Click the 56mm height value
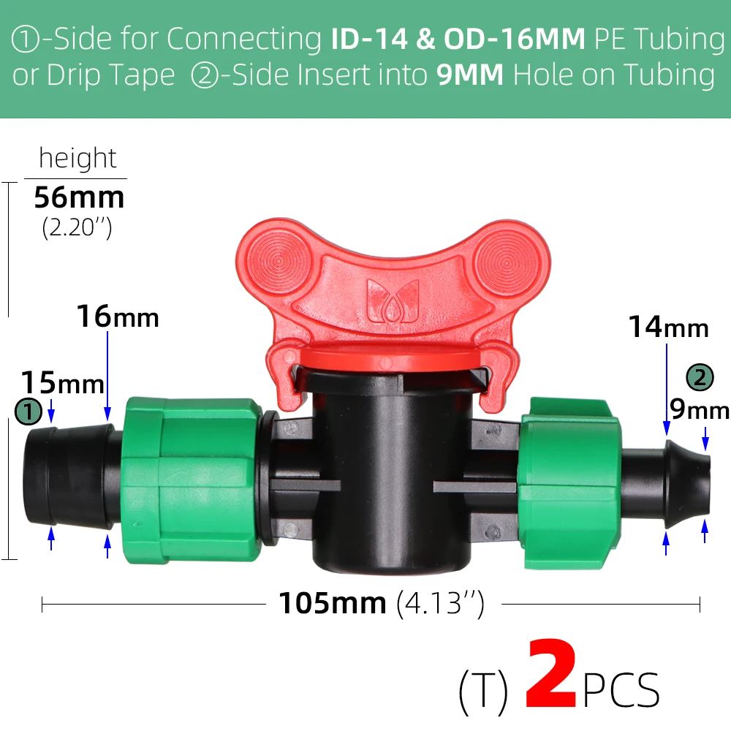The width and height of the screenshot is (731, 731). pyautogui.click(x=79, y=197)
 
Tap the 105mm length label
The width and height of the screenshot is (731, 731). pyautogui.click(x=333, y=604)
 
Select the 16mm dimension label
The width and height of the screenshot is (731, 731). pyautogui.click(x=118, y=317)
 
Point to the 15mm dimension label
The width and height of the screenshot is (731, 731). pyautogui.click(x=62, y=383)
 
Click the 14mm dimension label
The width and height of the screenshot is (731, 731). pyautogui.click(x=669, y=327)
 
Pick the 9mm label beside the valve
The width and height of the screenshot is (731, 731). pyautogui.click(x=700, y=409)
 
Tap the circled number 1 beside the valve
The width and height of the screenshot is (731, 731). pyautogui.click(x=29, y=412)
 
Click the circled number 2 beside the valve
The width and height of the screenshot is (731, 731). pyautogui.click(x=700, y=377)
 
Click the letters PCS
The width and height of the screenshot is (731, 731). pyautogui.click(x=621, y=690)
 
